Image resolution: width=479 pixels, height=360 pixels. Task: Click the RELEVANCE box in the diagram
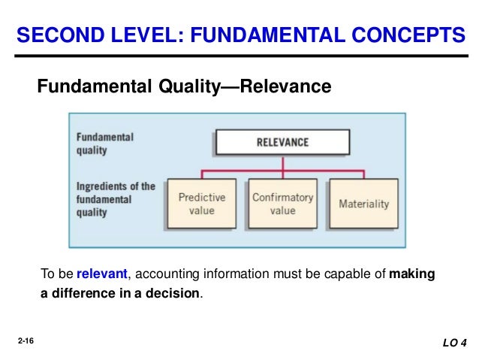tap(282, 142)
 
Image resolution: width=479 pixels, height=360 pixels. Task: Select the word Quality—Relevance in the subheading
tap(252, 88)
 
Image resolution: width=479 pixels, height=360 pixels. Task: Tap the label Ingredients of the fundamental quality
tap(116, 199)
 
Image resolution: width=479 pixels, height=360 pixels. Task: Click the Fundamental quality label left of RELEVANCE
tap(104, 144)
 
